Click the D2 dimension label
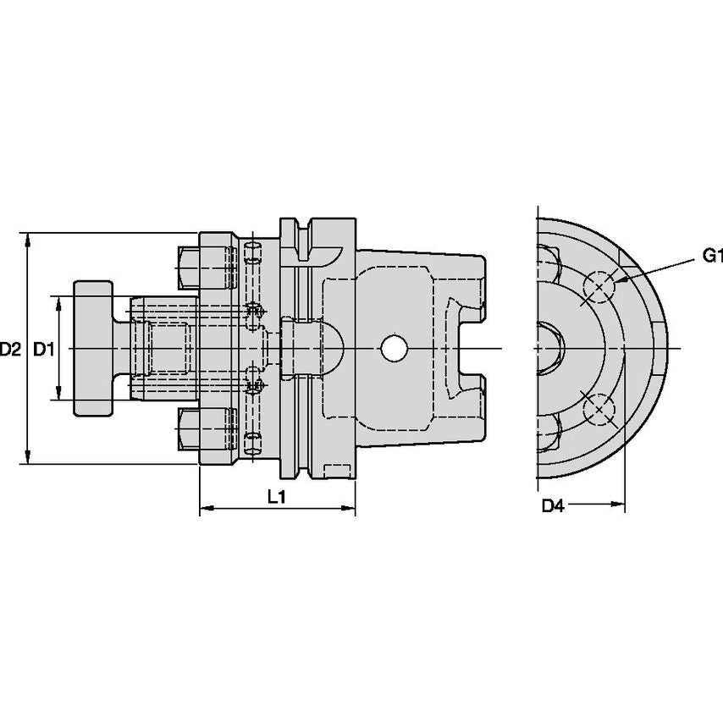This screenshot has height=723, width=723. pos(11,348)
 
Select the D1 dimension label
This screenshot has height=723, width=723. pos(44,348)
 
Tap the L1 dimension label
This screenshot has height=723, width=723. pos(276,498)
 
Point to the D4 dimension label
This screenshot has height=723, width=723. pos(552,505)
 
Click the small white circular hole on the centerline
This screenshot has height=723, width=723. pos(394,348)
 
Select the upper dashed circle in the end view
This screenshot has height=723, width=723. pos(599,288)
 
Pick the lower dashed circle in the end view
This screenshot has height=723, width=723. pos(599,409)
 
